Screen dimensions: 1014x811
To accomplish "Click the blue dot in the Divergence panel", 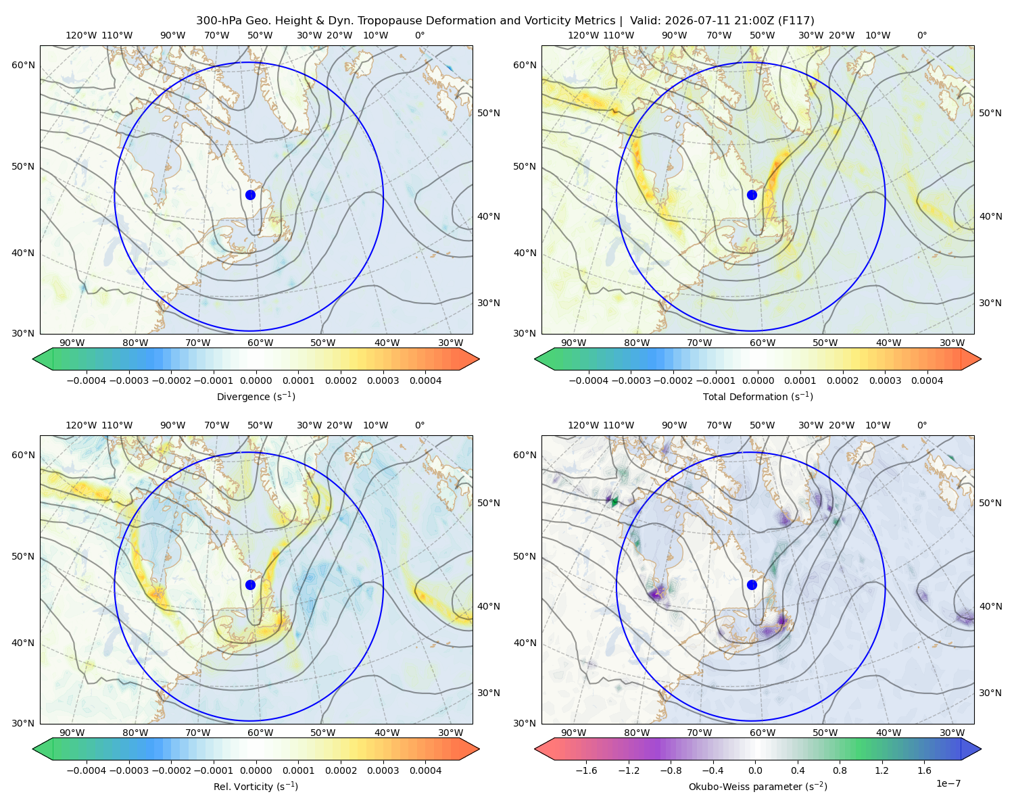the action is point(250,195).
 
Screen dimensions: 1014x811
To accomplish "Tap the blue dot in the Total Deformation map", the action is point(752,195).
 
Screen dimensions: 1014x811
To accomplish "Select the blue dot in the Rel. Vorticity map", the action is point(250,585).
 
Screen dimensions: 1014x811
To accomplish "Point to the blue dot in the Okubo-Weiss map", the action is point(752,585).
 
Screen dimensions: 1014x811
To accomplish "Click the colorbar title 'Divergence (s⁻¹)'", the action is point(256,396).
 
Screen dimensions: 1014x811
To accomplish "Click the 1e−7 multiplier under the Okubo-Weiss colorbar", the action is point(948,783).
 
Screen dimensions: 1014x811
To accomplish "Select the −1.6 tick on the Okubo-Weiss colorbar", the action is point(586,770).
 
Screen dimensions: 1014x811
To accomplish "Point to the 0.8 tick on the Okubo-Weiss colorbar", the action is point(840,770).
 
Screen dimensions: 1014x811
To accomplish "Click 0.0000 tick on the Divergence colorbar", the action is point(256,380).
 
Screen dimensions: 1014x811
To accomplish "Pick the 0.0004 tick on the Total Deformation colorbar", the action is point(927,380).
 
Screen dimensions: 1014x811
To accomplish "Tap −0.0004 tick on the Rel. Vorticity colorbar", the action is point(87,770).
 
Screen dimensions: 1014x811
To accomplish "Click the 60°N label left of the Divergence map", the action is point(23,65).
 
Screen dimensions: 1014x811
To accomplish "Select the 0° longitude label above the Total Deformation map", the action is point(921,35).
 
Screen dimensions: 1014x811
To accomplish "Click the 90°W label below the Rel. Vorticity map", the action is point(72,733).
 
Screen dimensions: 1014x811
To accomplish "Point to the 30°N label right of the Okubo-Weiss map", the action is point(990,693).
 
